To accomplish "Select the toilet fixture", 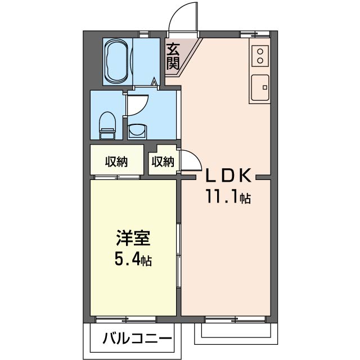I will pos(107,124).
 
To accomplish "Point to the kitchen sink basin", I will pos(259,88).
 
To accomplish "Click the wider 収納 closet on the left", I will pos(115,162).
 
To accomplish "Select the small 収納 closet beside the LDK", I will pos(162,162).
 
